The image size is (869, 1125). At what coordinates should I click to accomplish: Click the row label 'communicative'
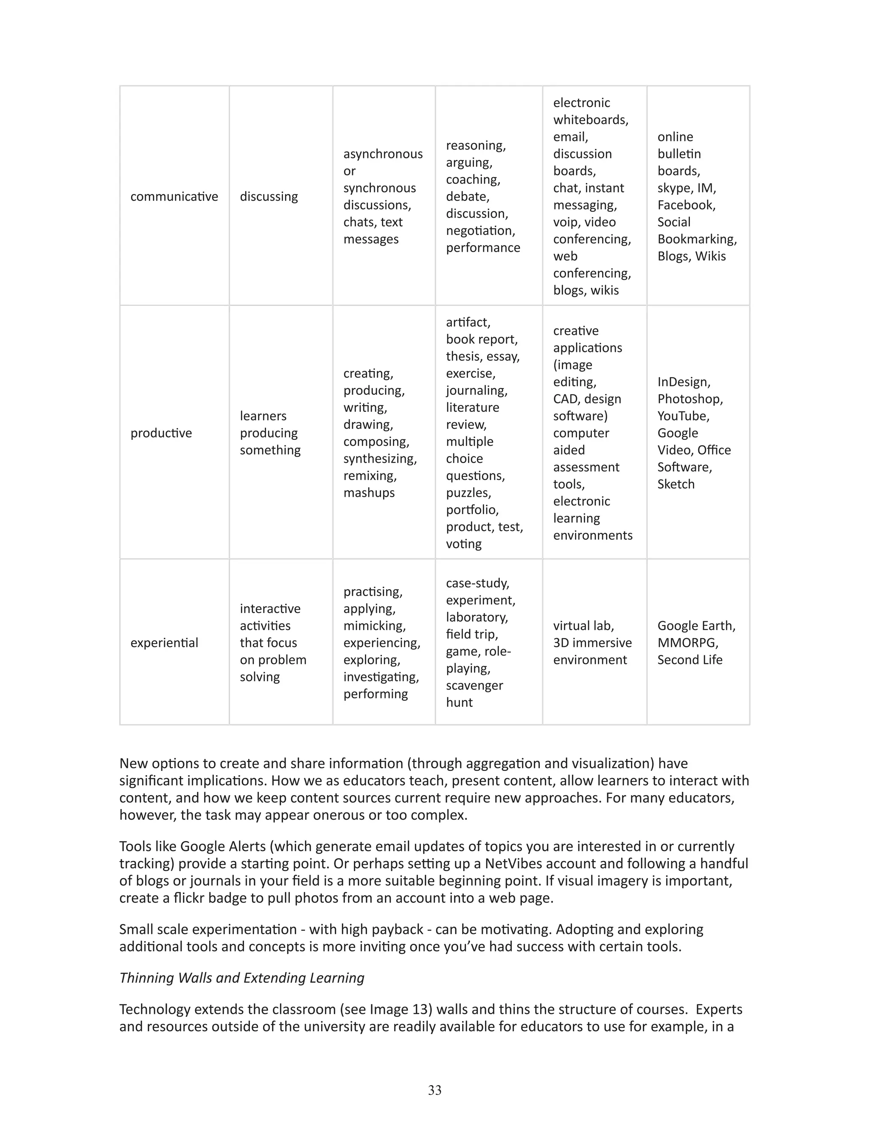[x=174, y=196]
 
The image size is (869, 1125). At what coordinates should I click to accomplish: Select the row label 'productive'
[x=161, y=433]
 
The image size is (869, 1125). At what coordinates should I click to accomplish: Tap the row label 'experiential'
[x=164, y=642]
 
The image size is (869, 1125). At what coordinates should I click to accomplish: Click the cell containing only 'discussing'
[x=269, y=196]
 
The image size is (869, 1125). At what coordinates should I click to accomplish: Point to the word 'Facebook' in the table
[x=685, y=205]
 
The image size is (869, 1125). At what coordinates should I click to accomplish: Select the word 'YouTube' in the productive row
[x=681, y=416]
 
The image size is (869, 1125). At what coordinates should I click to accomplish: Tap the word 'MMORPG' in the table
[x=687, y=642]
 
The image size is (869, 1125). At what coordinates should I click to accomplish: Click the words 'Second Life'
[x=690, y=659]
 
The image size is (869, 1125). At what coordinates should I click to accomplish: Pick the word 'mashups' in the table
[x=369, y=492]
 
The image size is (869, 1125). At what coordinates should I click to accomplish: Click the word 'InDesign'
[x=683, y=382]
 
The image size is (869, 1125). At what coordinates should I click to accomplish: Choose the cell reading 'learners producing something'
[x=270, y=433]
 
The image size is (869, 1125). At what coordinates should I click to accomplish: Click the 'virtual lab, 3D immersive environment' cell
[x=592, y=642]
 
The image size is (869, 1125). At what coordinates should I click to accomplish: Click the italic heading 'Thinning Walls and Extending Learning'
[x=241, y=978]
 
